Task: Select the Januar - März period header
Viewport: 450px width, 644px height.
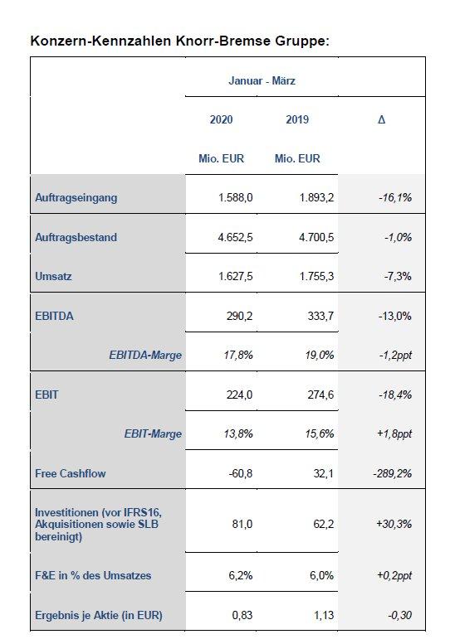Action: [x=262, y=80]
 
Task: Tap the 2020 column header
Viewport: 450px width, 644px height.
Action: [x=222, y=119]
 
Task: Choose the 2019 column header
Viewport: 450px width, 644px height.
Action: [x=297, y=119]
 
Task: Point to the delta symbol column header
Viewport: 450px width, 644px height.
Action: [x=382, y=119]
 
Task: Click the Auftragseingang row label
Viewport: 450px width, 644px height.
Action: [x=76, y=198]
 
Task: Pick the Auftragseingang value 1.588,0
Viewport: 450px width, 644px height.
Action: [x=236, y=197]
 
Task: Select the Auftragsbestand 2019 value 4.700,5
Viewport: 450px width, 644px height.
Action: [x=316, y=237]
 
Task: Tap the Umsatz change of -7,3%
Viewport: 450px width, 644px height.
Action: [x=398, y=276]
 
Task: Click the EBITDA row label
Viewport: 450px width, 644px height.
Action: [x=54, y=316]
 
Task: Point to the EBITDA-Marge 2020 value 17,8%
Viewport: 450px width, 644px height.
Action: [x=238, y=355]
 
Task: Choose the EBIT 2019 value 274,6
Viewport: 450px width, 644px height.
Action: [x=320, y=395]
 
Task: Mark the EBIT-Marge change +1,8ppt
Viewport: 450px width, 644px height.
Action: [x=394, y=434]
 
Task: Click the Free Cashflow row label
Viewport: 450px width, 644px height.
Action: [x=71, y=473]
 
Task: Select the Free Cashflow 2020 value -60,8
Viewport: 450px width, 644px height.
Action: [x=241, y=473]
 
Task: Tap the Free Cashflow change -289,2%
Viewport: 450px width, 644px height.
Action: [x=393, y=473]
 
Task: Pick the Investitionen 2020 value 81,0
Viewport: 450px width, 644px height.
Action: [x=242, y=524]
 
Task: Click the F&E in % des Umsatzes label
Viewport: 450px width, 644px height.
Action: [x=93, y=575]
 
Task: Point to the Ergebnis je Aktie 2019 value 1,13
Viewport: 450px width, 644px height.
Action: [x=324, y=615]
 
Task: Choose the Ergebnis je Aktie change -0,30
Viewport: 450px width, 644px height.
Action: [x=400, y=615]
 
